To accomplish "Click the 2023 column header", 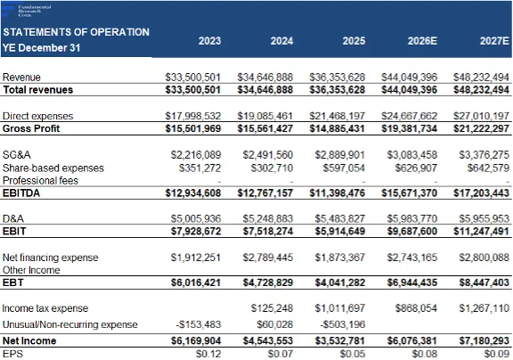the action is tap(209, 41).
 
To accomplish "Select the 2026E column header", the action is tap(422, 41).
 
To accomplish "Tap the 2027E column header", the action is tap(494, 41).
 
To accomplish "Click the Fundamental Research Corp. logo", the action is tap(27, 11).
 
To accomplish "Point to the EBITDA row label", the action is tap(21, 193).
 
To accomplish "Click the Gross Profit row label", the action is tap(31, 128).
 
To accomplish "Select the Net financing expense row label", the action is tap(51, 258).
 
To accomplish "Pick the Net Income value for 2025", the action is tap(339, 340).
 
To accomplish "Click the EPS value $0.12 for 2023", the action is tap(208, 354).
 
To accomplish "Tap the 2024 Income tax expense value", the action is tap(272, 308).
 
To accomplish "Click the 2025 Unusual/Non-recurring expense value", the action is tap(342, 324).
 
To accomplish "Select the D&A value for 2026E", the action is tap(411, 218).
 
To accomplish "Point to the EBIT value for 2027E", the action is tap(481, 232).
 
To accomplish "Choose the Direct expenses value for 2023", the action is tap(193, 116).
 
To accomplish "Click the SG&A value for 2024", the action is tap(267, 155).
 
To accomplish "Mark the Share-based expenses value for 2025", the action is tap(344, 168).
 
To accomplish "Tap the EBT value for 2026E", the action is tap(411, 282).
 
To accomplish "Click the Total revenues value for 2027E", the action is tap(481, 90).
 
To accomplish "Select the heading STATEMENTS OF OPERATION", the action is tap(76, 32).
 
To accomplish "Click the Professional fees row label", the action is tap(40, 181).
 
